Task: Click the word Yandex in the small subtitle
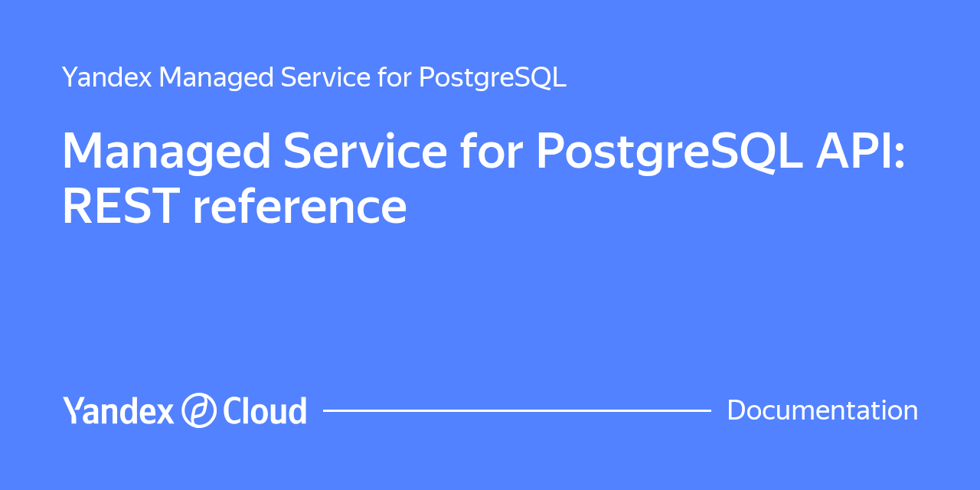pyautogui.click(x=107, y=77)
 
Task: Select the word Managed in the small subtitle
pyautogui.click(x=216, y=78)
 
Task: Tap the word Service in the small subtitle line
pyautogui.click(x=325, y=77)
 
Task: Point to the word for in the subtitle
pyautogui.click(x=394, y=77)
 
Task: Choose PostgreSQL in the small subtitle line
pyautogui.click(x=492, y=78)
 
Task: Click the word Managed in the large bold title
pyautogui.click(x=167, y=151)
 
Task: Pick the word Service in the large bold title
pyautogui.click(x=365, y=150)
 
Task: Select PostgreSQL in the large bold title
pyautogui.click(x=670, y=152)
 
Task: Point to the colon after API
pyautogui.click(x=900, y=155)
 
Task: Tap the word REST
pyautogui.click(x=121, y=205)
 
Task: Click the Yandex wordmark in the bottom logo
pyautogui.click(x=118, y=410)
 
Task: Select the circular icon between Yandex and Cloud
pyautogui.click(x=199, y=410)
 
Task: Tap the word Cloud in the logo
pyautogui.click(x=265, y=410)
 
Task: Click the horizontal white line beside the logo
pyautogui.click(x=517, y=411)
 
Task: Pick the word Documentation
pyautogui.click(x=822, y=410)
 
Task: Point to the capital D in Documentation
pyautogui.click(x=737, y=410)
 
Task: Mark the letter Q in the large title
pyautogui.click(x=759, y=152)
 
